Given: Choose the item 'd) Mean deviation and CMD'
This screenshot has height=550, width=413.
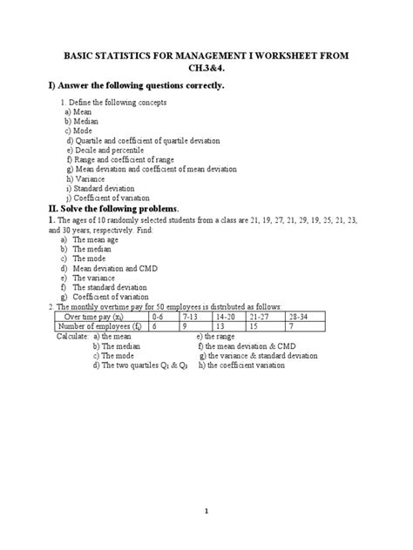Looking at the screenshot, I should (105, 269).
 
